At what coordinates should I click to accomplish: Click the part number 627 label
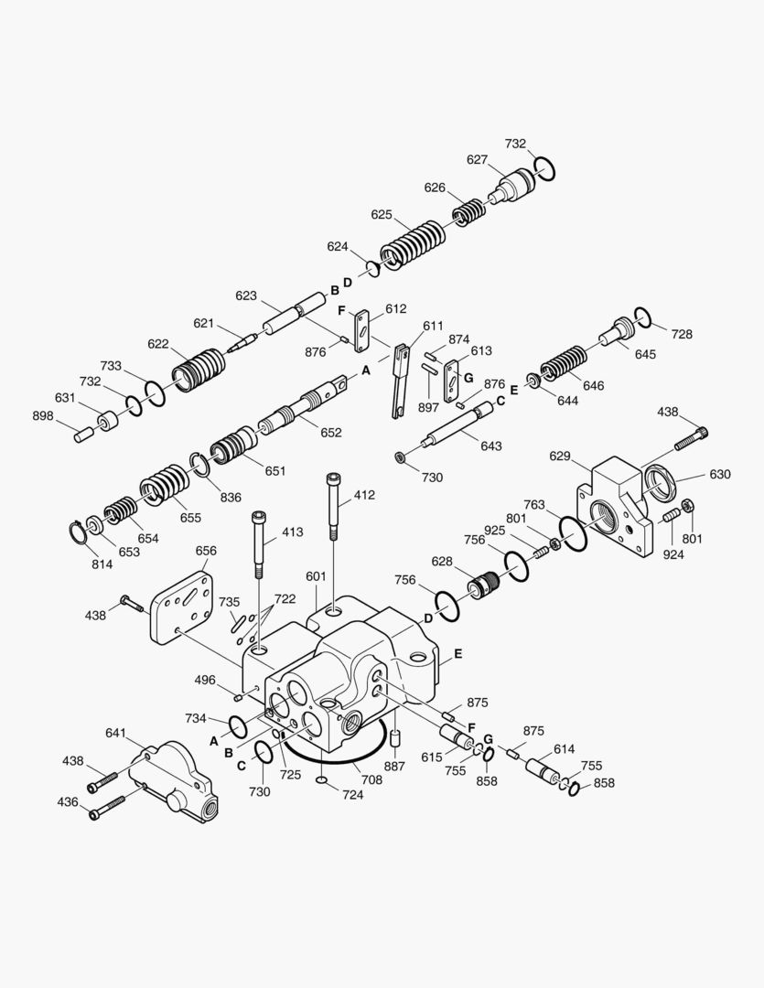pyautogui.click(x=477, y=159)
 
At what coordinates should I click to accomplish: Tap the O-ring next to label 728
pyautogui.click(x=642, y=318)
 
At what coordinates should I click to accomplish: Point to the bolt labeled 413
pyautogui.click(x=259, y=544)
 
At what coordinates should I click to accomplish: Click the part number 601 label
pyautogui.click(x=316, y=576)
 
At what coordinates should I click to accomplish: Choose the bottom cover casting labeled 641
pyautogui.click(x=174, y=776)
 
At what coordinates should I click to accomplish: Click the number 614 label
pyautogui.click(x=564, y=749)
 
